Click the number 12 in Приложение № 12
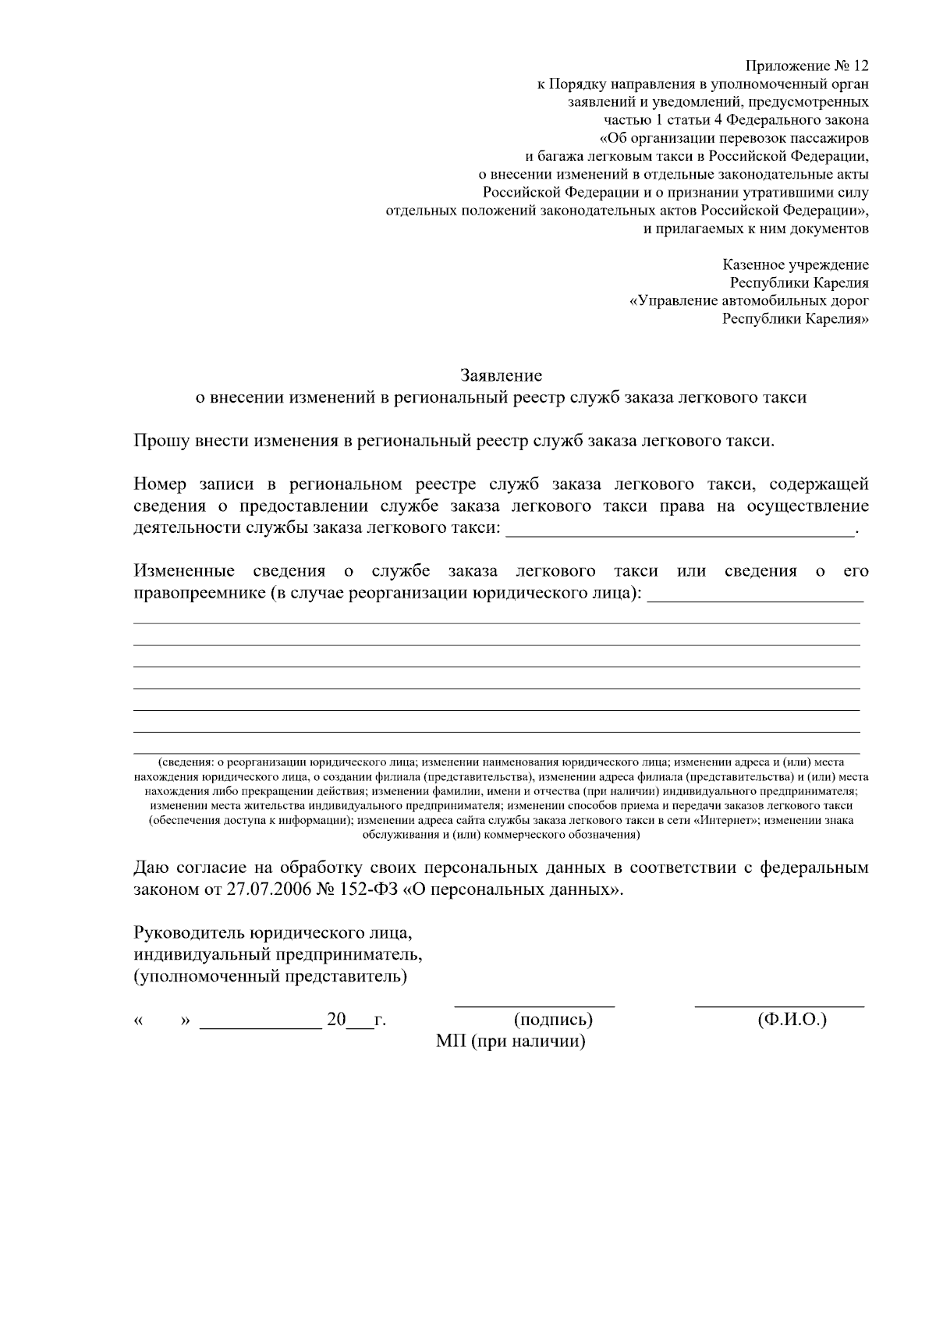(858, 66)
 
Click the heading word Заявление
(501, 375)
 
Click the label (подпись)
(553, 1020)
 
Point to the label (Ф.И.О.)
(792, 1020)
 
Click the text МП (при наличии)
(511, 1042)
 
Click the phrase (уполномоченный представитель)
(271, 977)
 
